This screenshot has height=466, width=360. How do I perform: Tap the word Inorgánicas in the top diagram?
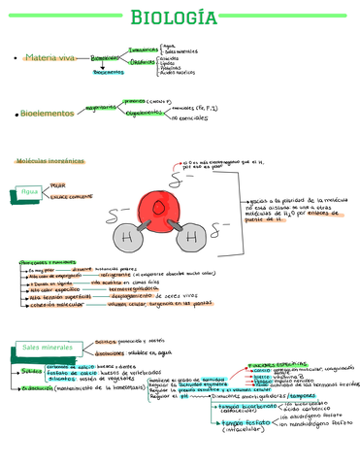[143, 48]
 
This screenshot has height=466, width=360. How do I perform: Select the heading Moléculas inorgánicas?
[49, 160]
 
